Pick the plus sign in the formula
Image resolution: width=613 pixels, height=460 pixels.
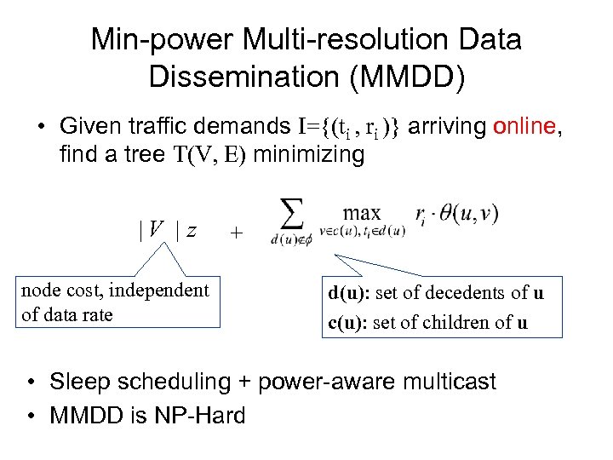click(236, 233)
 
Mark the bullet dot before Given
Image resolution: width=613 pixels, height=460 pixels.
click(40, 128)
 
